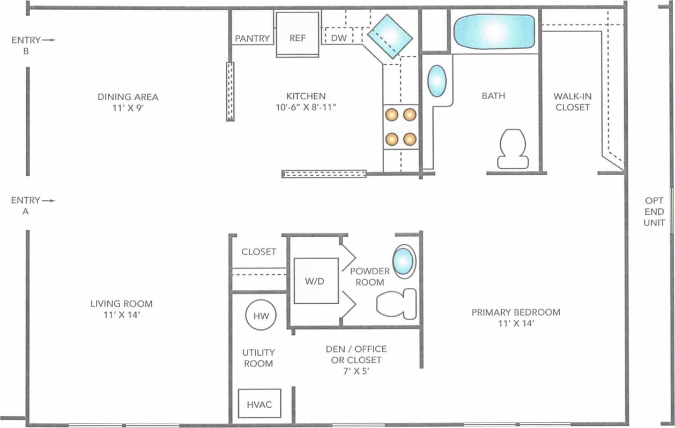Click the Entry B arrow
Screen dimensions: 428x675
(49, 40)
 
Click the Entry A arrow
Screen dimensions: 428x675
(49, 200)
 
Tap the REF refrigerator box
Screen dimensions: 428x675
(298, 34)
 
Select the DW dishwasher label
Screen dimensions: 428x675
(338, 38)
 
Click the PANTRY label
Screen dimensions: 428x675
(252, 39)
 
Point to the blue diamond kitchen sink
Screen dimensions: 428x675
(390, 36)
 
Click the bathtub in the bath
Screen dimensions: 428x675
(494, 32)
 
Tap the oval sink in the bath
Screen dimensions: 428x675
(437, 81)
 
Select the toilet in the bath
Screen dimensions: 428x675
(513, 149)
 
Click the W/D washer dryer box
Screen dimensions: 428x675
(316, 281)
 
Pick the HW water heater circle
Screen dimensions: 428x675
(261, 316)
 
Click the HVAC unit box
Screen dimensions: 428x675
(259, 404)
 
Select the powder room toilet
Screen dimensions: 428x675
(397, 304)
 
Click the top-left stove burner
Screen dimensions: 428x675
(392, 114)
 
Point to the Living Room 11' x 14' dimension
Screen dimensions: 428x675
(121, 315)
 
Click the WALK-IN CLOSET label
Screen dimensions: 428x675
(573, 102)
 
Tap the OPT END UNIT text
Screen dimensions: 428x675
(654, 212)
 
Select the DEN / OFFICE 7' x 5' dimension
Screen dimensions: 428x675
(356, 371)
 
